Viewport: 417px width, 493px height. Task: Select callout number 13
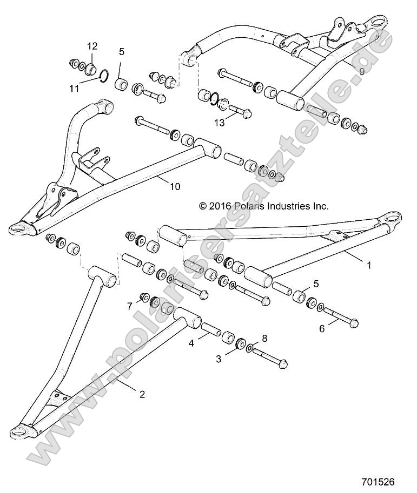tap(219, 124)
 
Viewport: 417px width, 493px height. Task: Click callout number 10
tap(174, 187)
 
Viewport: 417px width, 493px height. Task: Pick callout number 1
tap(369, 266)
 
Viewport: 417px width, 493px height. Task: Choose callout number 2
tap(142, 394)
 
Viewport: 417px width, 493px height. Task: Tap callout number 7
tap(129, 306)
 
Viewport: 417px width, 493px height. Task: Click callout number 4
tap(191, 342)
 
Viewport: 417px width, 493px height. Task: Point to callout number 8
tap(264, 339)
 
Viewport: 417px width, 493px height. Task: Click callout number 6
tap(322, 328)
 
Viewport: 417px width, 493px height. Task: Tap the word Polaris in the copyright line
tap(257, 205)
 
